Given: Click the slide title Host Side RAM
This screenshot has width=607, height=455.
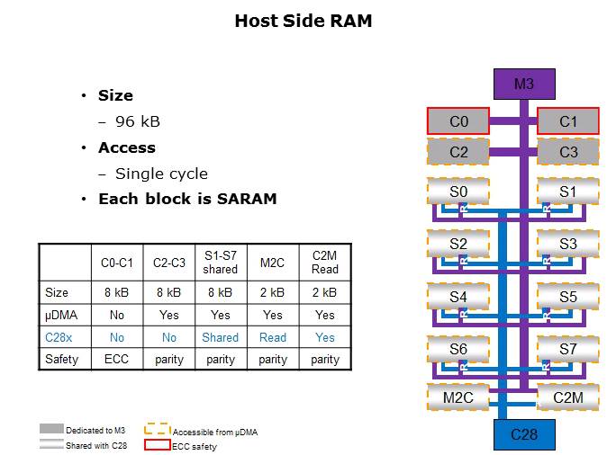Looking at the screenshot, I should point(303,21).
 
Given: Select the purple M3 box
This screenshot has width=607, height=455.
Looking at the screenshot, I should point(523,85).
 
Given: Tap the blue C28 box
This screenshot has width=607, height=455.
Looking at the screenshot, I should point(523,434).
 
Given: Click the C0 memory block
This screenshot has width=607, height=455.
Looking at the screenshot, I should point(458,121).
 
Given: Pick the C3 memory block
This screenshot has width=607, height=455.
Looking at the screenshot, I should point(568,152).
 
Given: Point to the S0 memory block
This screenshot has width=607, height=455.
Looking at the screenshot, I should point(458,192).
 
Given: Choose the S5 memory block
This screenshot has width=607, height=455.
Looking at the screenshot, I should point(568,296).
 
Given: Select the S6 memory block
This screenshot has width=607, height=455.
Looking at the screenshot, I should point(458,348).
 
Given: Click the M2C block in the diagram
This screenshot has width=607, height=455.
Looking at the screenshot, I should point(458,397).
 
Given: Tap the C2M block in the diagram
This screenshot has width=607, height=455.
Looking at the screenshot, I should point(568,397).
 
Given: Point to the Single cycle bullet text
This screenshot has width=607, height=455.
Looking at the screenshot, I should point(161,174).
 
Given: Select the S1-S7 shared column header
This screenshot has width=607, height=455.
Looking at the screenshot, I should point(220,263).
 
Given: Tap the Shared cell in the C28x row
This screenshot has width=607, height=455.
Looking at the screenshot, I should point(220,337).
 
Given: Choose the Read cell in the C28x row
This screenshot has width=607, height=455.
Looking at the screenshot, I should point(272,337).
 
